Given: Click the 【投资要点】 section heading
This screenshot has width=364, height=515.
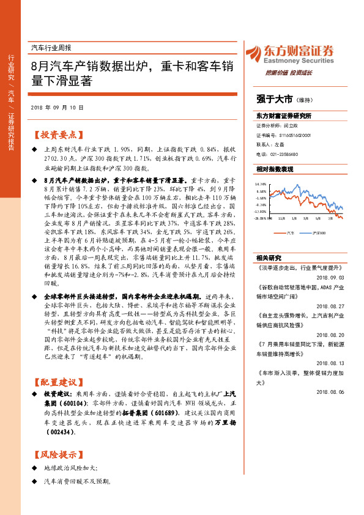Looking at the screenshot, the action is point(56,135).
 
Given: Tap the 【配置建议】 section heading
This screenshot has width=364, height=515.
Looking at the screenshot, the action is point(56,381).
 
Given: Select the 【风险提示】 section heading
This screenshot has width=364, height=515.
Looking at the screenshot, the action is point(56,454).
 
